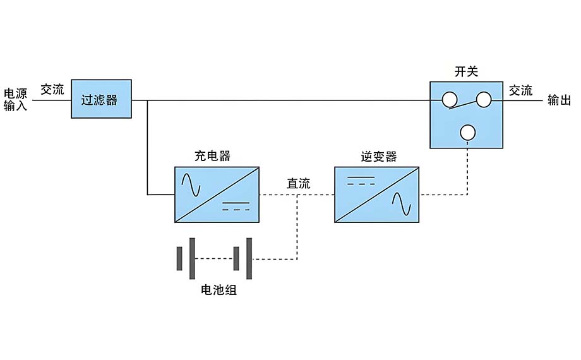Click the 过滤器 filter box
tap(101, 99)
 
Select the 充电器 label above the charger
tap(212, 156)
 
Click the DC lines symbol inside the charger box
tap(236, 206)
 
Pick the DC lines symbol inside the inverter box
tap(357, 181)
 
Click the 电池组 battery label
tap(219, 291)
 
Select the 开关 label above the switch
tap(466, 71)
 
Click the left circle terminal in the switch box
tap(449, 99)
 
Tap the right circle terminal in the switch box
tap(483, 99)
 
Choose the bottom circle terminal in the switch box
tap(467, 132)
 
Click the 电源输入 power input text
tap(16, 100)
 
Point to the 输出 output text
tap(559, 100)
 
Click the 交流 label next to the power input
tap(52, 90)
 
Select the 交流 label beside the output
tap(521, 90)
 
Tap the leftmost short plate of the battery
tap(179, 258)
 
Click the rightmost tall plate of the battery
tap(249, 258)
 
